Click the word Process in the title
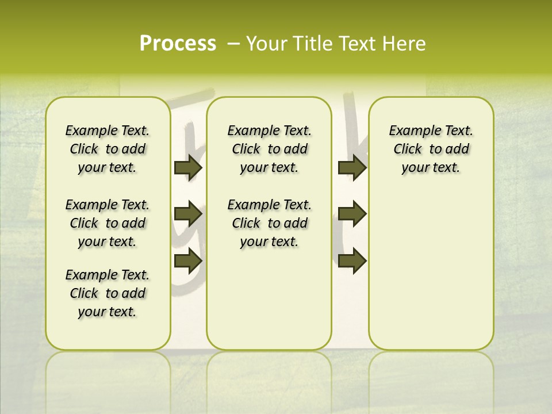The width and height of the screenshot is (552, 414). [178, 43]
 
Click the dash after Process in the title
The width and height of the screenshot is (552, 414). [234, 44]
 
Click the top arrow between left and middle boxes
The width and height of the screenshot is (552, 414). [188, 168]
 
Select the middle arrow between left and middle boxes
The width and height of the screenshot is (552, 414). [188, 214]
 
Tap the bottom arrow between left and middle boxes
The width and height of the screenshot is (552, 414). [188, 260]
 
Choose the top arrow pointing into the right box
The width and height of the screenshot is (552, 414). [352, 168]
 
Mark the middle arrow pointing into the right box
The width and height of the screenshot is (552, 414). [352, 214]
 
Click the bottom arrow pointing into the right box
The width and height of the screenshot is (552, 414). [352, 260]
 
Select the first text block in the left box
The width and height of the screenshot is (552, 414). [108, 149]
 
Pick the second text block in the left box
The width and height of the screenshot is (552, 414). [108, 223]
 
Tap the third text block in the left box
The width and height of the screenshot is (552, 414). [108, 293]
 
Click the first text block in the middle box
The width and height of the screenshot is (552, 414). [269, 149]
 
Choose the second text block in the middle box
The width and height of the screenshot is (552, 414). [269, 223]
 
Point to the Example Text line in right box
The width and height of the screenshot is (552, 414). [431, 131]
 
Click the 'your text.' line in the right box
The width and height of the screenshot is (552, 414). [431, 168]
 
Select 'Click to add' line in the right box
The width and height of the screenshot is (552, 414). [431, 149]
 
